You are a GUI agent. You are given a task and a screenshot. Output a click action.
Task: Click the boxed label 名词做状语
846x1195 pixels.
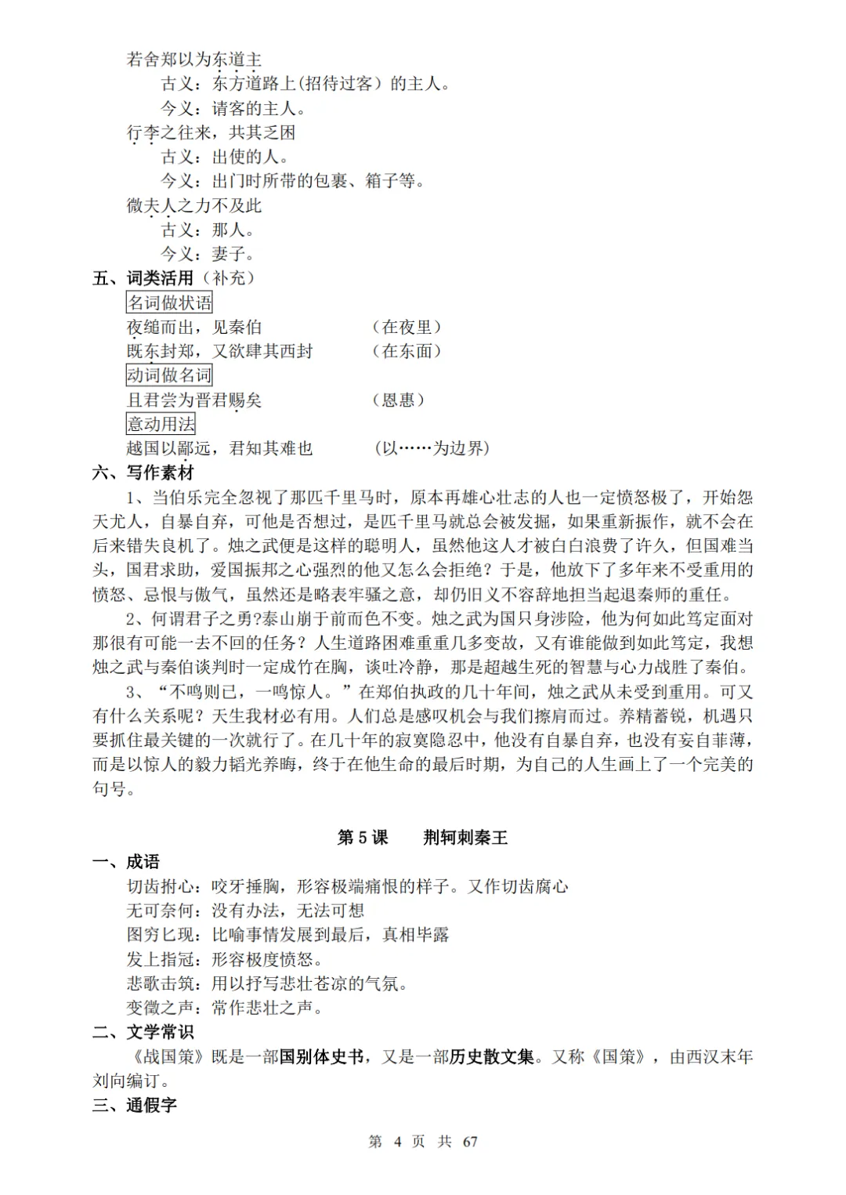point(169,302)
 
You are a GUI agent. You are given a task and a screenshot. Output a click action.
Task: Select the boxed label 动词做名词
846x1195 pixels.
point(169,375)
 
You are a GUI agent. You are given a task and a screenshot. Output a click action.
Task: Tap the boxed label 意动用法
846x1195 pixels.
point(161,424)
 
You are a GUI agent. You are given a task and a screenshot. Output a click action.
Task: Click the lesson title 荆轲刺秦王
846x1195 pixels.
point(465,837)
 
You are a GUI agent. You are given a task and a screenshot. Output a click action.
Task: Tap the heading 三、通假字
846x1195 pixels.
point(135,1105)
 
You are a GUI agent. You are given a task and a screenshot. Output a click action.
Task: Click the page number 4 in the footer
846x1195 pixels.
point(397,1142)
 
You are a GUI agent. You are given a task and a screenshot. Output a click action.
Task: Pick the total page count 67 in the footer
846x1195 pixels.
point(470,1142)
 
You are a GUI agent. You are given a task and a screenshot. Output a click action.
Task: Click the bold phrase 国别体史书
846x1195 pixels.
point(321,1056)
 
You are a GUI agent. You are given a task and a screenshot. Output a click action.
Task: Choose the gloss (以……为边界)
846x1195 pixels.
point(432,448)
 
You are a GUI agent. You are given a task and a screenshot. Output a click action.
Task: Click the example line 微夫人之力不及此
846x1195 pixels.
point(194,205)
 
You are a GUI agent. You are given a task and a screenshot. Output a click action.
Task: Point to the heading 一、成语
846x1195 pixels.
point(126,862)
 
